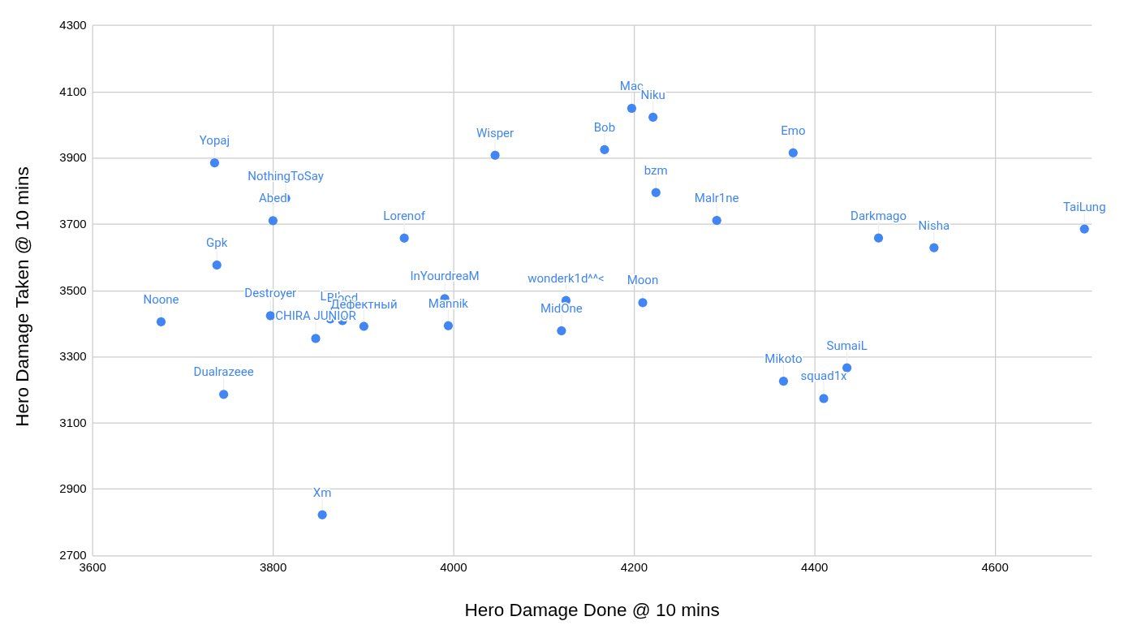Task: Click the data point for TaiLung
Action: (x=1084, y=229)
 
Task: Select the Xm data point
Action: (x=322, y=515)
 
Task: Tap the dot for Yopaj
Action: (x=214, y=163)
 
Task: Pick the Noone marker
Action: (x=161, y=322)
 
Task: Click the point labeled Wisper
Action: (x=495, y=155)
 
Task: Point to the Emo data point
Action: (x=793, y=153)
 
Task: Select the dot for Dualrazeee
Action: (x=223, y=394)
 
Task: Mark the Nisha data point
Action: (x=934, y=248)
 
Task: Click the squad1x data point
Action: (x=824, y=399)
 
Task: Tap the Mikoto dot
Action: (x=783, y=382)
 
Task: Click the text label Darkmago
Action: (x=878, y=216)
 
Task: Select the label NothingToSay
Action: (x=286, y=176)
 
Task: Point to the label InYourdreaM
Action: (x=445, y=276)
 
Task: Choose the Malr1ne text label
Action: (x=717, y=198)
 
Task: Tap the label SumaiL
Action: (x=846, y=346)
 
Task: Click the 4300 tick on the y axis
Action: (x=73, y=25)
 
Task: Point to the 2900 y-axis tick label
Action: (x=73, y=489)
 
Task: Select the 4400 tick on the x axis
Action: (x=815, y=567)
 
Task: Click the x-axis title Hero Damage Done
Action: (x=592, y=610)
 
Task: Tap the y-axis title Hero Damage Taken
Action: (x=23, y=296)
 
